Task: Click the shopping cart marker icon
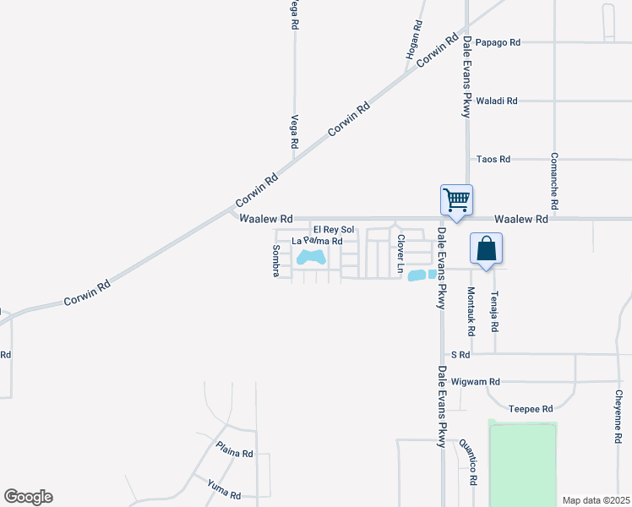click(456, 201)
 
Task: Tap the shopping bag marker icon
click(486, 249)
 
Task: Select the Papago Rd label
click(498, 41)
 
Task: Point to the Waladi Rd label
click(496, 101)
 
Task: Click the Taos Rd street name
click(493, 159)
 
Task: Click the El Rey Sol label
click(334, 230)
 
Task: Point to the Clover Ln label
click(401, 254)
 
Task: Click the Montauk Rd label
click(471, 310)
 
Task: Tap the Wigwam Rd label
click(476, 381)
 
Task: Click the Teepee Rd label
click(531, 408)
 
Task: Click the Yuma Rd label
click(224, 488)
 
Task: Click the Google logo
click(28, 497)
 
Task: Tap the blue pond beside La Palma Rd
click(312, 255)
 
